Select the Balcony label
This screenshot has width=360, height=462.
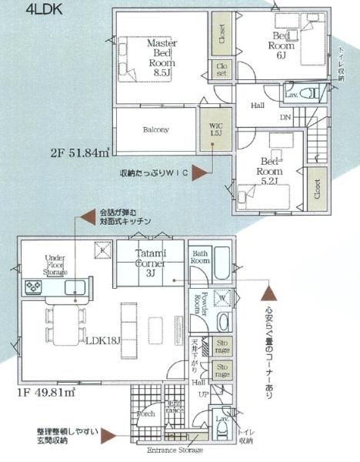[x=155, y=129]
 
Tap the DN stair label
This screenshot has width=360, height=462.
[x=285, y=118]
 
